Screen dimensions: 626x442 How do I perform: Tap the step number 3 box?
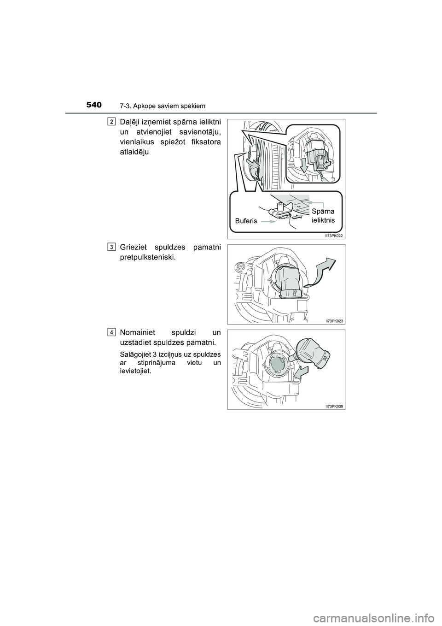pos(112,247)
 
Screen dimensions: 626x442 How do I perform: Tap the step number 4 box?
pos(112,332)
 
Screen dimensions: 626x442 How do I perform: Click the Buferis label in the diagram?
pos(246,221)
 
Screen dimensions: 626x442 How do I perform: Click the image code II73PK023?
pos(334,320)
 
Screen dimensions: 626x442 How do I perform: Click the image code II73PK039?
pos(334,406)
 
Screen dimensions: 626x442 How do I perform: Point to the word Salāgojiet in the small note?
pos(134,355)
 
